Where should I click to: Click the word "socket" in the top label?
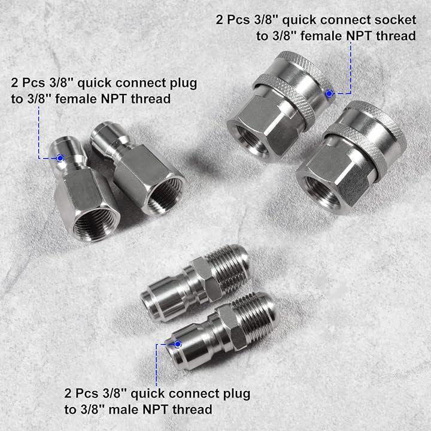395,20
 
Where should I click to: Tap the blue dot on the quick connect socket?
329,93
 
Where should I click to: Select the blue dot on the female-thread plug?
60,158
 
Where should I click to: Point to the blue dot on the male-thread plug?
178,344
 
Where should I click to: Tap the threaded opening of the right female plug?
163,196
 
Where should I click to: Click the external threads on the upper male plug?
229,269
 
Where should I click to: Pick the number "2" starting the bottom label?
68,394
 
